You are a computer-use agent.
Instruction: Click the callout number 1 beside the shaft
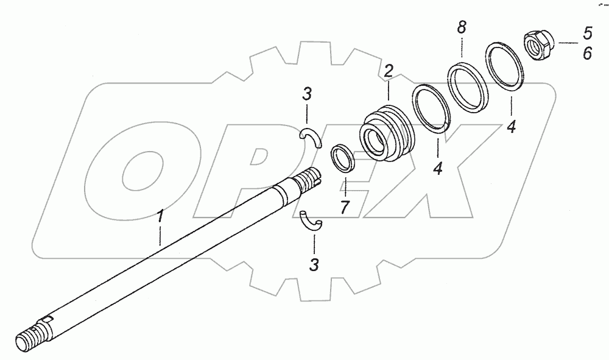[160, 217]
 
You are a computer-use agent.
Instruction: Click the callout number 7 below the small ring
[344, 207]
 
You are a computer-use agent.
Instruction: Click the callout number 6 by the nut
[587, 54]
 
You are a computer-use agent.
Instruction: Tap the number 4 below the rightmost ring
[511, 127]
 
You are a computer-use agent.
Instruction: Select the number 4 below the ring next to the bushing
[437, 167]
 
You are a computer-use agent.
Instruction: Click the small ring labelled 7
[344, 159]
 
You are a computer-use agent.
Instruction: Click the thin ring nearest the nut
[505, 67]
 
